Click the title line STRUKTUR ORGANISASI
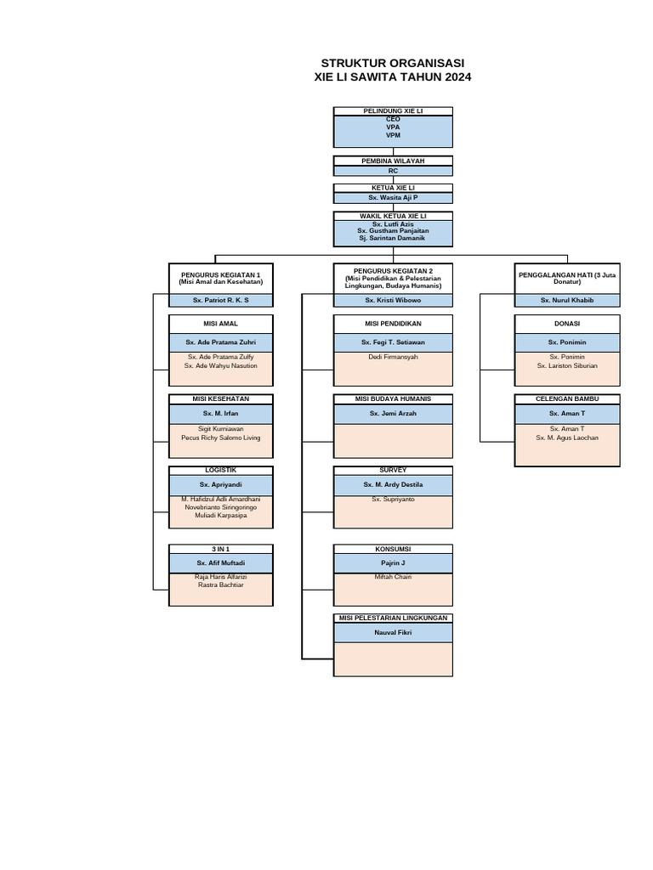click(x=393, y=64)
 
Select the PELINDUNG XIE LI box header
click(x=393, y=111)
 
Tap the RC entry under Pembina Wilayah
click(x=393, y=171)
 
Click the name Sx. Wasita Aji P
click(x=393, y=197)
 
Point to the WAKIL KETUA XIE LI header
click(x=393, y=217)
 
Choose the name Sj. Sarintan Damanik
click(x=393, y=238)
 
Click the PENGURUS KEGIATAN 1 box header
click(x=221, y=278)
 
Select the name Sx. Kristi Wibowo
click(x=393, y=301)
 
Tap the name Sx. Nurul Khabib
click(x=566, y=301)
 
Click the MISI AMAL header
click(x=221, y=324)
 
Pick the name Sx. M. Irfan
click(x=221, y=414)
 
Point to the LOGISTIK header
click(x=221, y=470)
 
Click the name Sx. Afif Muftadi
click(x=221, y=563)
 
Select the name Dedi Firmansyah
click(x=393, y=358)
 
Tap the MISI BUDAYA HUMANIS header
click(x=393, y=398)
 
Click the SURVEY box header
click(x=393, y=470)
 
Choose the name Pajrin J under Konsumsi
click(x=393, y=563)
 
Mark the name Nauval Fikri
click(x=393, y=634)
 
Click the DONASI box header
click(x=566, y=324)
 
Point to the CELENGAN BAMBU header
click(x=566, y=398)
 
